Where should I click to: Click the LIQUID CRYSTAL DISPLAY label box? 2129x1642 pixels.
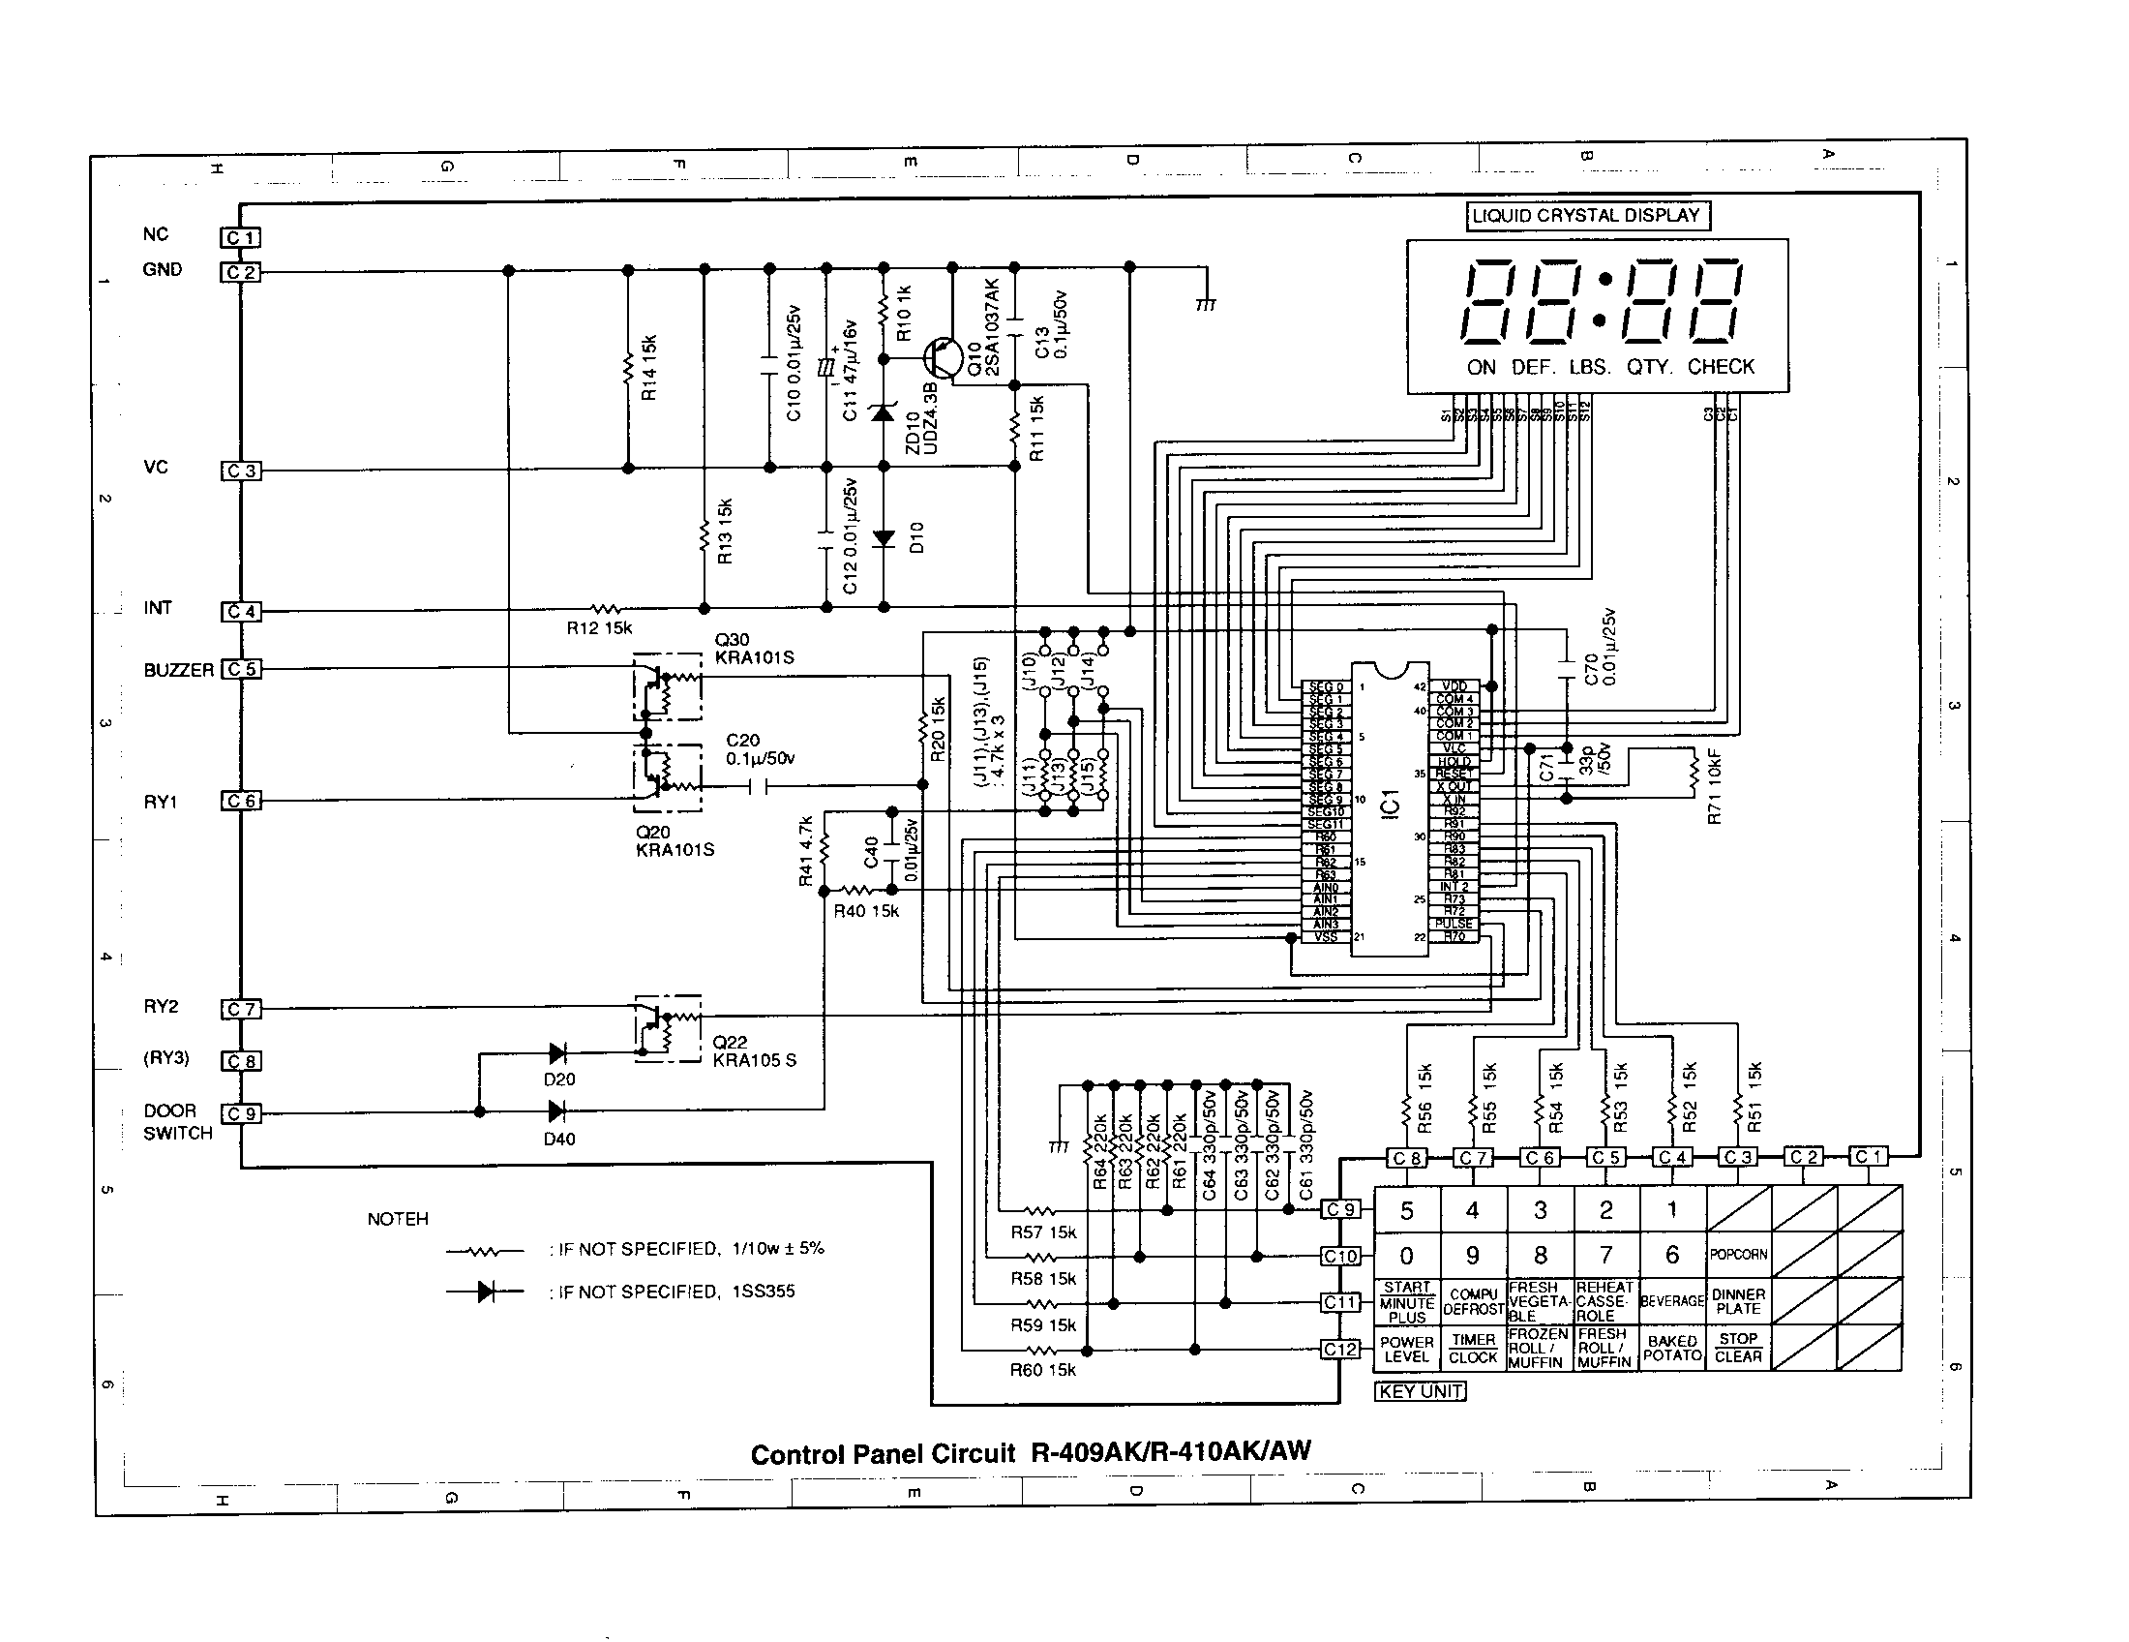pyautogui.click(x=1587, y=216)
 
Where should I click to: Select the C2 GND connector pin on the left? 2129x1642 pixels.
pyautogui.click(x=240, y=272)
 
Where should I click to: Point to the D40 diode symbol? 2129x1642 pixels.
pyautogui.click(x=556, y=1110)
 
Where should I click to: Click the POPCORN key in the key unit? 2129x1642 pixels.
pyautogui.click(x=1738, y=1255)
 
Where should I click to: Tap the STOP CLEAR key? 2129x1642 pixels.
pyautogui.click(x=1738, y=1348)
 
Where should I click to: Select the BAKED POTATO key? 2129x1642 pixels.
pyautogui.click(x=1672, y=1348)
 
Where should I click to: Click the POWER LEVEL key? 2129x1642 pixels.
pyautogui.click(x=1407, y=1349)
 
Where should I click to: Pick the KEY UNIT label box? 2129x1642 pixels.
pyautogui.click(x=1421, y=1391)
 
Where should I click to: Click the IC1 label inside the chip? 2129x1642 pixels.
pyautogui.click(x=1391, y=804)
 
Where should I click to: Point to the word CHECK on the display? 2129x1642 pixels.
pyautogui.click(x=1721, y=368)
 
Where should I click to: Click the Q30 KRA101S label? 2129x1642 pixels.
pyautogui.click(x=754, y=649)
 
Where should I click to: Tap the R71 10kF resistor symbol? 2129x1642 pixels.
pyautogui.click(x=1694, y=773)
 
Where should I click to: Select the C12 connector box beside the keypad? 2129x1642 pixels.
pyautogui.click(x=1339, y=1350)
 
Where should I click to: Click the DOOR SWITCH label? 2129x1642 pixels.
pyautogui.click(x=176, y=1122)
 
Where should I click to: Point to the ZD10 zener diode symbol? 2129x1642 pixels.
pyautogui.click(x=884, y=413)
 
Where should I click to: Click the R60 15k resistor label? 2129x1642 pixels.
pyautogui.click(x=1042, y=1370)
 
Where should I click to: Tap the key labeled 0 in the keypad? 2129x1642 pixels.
pyautogui.click(x=1407, y=1256)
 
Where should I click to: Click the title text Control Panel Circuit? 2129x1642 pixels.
pyautogui.click(x=883, y=1455)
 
